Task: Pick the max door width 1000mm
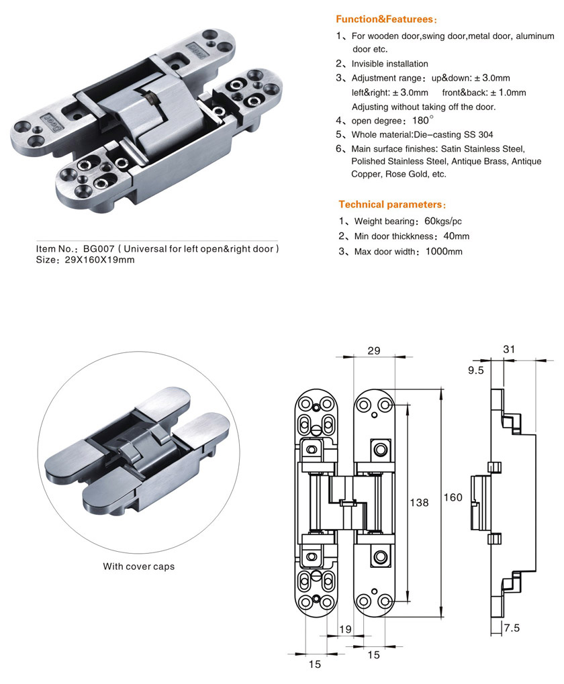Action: (444, 252)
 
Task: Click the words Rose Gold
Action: (410, 174)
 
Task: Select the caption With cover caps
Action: (138, 567)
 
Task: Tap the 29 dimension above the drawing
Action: (374, 350)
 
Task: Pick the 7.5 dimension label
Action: (512, 628)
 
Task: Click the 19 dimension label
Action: (345, 629)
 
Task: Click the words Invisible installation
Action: (389, 64)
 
